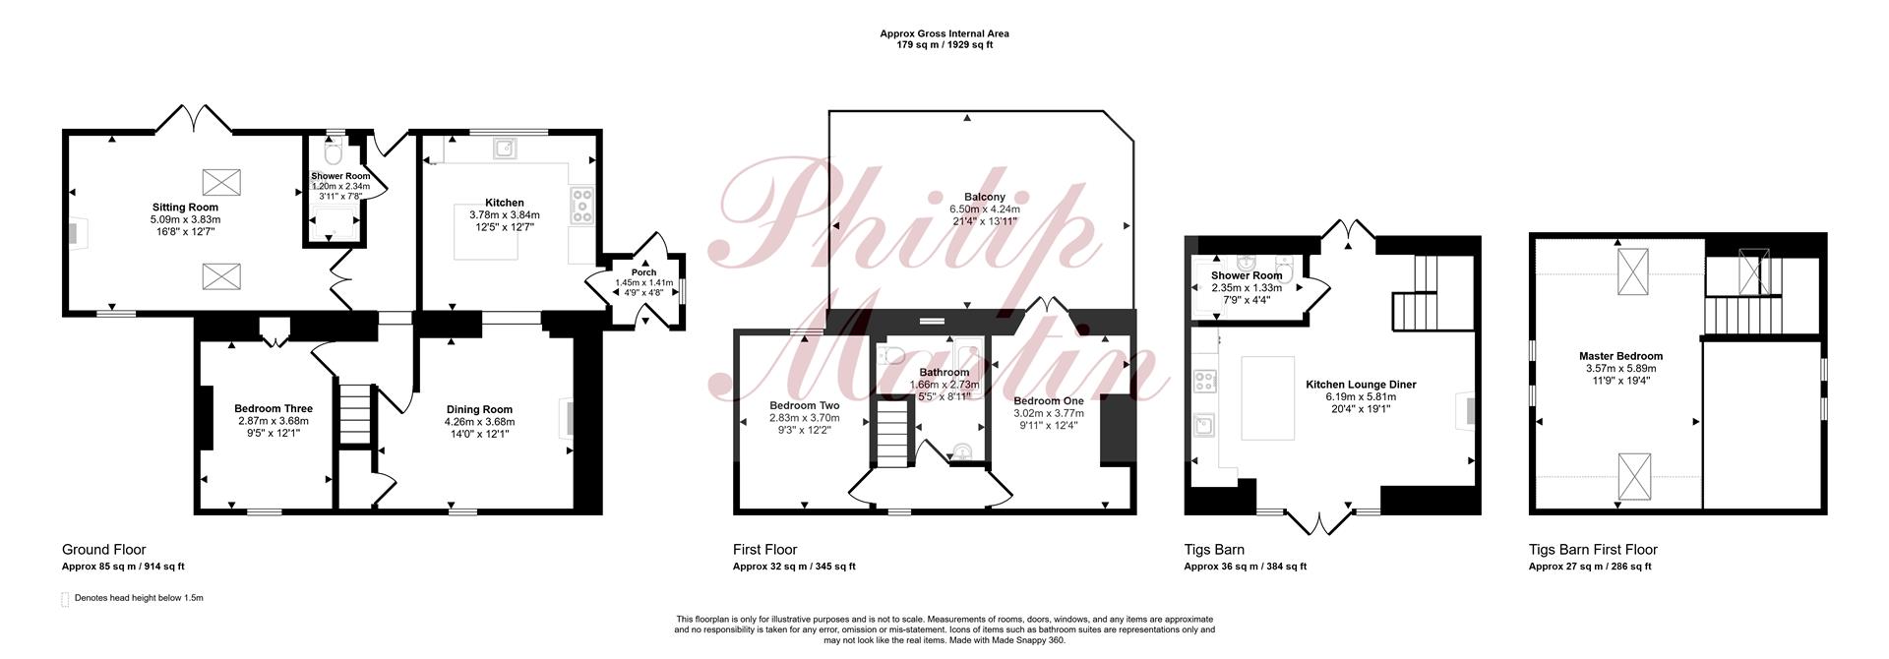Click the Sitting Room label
[x=185, y=208]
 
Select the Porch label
[x=643, y=272]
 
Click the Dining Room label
[x=479, y=409]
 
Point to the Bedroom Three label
[x=274, y=408]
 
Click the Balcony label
[x=985, y=197]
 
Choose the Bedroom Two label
[x=804, y=405]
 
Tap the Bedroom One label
[x=1049, y=400]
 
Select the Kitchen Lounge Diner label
[x=1361, y=385]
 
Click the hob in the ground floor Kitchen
[x=581, y=206]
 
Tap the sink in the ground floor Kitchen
[x=506, y=149]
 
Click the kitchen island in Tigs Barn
[x=1267, y=397]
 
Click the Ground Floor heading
[x=103, y=550]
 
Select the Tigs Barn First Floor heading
[x=1593, y=550]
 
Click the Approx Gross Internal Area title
[x=944, y=33]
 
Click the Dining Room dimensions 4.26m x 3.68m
[x=479, y=421]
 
